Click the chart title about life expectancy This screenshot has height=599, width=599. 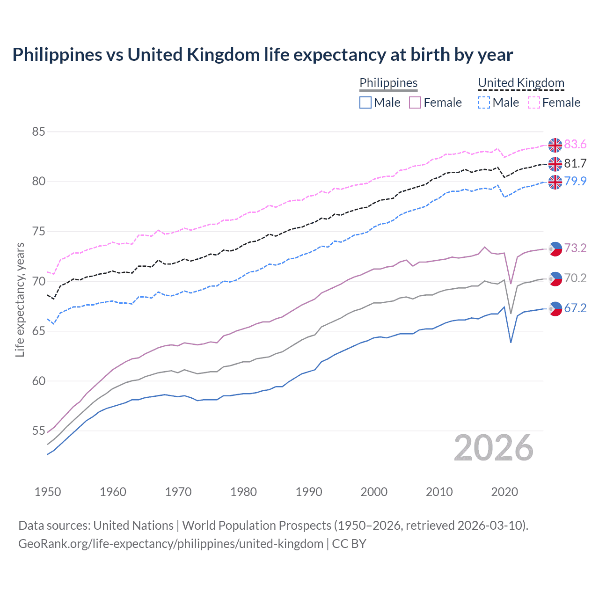(263, 55)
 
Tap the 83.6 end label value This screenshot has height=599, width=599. (575, 145)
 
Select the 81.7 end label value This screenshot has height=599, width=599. (575, 163)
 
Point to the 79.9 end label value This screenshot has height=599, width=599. (575, 181)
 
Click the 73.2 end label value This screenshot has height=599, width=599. (575, 248)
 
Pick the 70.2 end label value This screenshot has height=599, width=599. (575, 278)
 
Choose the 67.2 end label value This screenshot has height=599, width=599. (575, 308)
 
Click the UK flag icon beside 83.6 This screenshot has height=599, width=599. (555, 145)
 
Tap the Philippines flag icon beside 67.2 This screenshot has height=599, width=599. (555, 308)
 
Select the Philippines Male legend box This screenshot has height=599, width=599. (365, 102)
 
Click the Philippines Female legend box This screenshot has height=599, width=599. (415, 102)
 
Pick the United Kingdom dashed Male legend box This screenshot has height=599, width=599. (484, 102)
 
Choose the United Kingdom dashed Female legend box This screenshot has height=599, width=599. (534, 102)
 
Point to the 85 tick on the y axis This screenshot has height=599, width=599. (38, 132)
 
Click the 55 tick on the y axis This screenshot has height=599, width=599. (38, 431)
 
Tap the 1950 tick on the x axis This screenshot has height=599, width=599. (48, 492)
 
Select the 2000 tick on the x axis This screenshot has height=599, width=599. (374, 492)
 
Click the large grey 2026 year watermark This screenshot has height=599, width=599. (494, 448)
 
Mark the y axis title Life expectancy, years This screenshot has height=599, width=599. (20, 299)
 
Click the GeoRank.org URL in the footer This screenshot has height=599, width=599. (171, 544)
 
